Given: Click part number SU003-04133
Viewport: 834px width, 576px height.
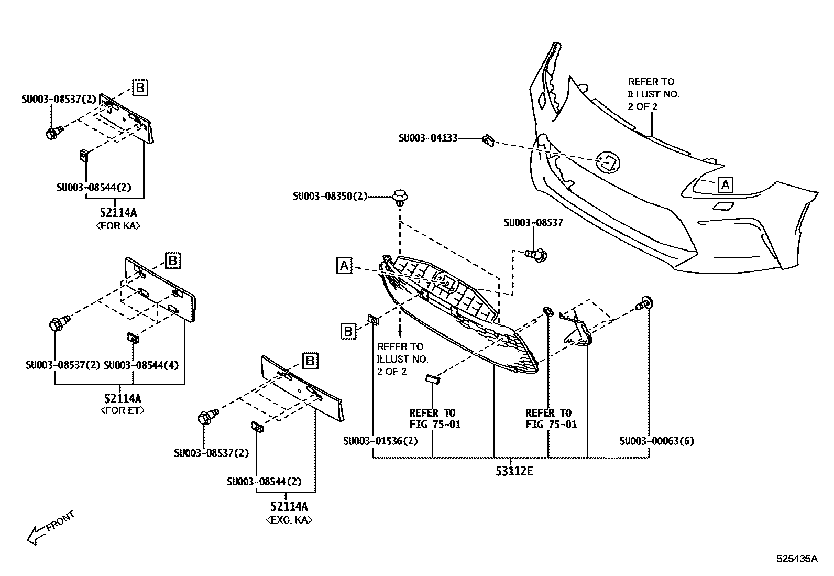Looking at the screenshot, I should point(427,138).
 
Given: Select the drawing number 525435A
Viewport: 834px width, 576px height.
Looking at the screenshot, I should point(796,558).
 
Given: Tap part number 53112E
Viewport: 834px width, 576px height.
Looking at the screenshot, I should point(514,471).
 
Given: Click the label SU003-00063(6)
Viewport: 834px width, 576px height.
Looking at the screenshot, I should point(656,441).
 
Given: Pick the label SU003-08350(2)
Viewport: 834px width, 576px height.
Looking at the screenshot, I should point(330,196).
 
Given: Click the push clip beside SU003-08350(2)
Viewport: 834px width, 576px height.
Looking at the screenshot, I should point(400,198).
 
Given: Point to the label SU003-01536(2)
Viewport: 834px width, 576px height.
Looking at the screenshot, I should point(380,441).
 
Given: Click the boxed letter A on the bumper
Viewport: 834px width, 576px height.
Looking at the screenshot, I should point(725,184).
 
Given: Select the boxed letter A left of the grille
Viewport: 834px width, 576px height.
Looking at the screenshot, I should point(344,266).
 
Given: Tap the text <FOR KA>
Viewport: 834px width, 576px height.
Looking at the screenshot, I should point(118,226).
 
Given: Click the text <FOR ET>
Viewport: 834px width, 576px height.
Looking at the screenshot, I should point(122,410).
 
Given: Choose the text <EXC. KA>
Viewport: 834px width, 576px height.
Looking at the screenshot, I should point(289,520).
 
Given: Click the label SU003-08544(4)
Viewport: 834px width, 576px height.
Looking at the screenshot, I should point(141,365).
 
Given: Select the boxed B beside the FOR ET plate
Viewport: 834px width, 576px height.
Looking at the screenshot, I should point(173,260).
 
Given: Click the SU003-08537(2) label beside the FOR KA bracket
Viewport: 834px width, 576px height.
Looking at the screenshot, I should point(59,98).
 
